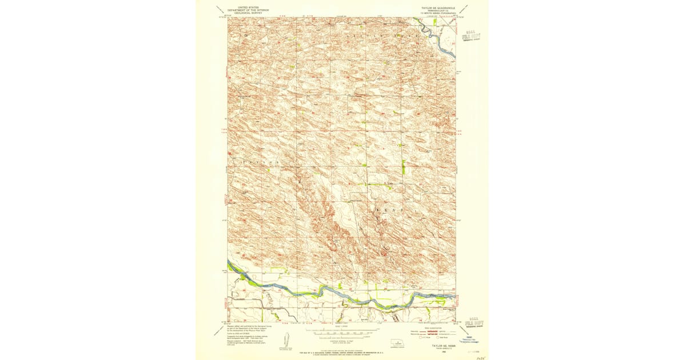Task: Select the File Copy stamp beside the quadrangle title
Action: pos(472,37)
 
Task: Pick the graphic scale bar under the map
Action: pos(342,331)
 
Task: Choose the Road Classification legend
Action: pos(433,333)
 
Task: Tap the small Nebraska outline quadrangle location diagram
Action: pos(397,345)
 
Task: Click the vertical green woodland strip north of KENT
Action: pos(403,166)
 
